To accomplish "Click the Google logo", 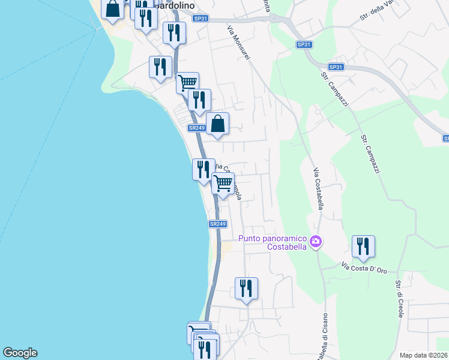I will click(20, 353).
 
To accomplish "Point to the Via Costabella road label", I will click(319, 188).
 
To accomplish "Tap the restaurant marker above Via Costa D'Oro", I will click(363, 246).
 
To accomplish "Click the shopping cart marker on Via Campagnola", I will click(223, 184).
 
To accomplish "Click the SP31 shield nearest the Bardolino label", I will click(200, 19).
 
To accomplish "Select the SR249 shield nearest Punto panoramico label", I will click(218, 224).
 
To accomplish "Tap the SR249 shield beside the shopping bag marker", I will click(197, 128).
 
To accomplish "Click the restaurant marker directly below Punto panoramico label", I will click(246, 289).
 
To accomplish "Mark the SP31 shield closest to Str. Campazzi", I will click(336, 67).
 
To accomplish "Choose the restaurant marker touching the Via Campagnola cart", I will click(203, 170).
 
